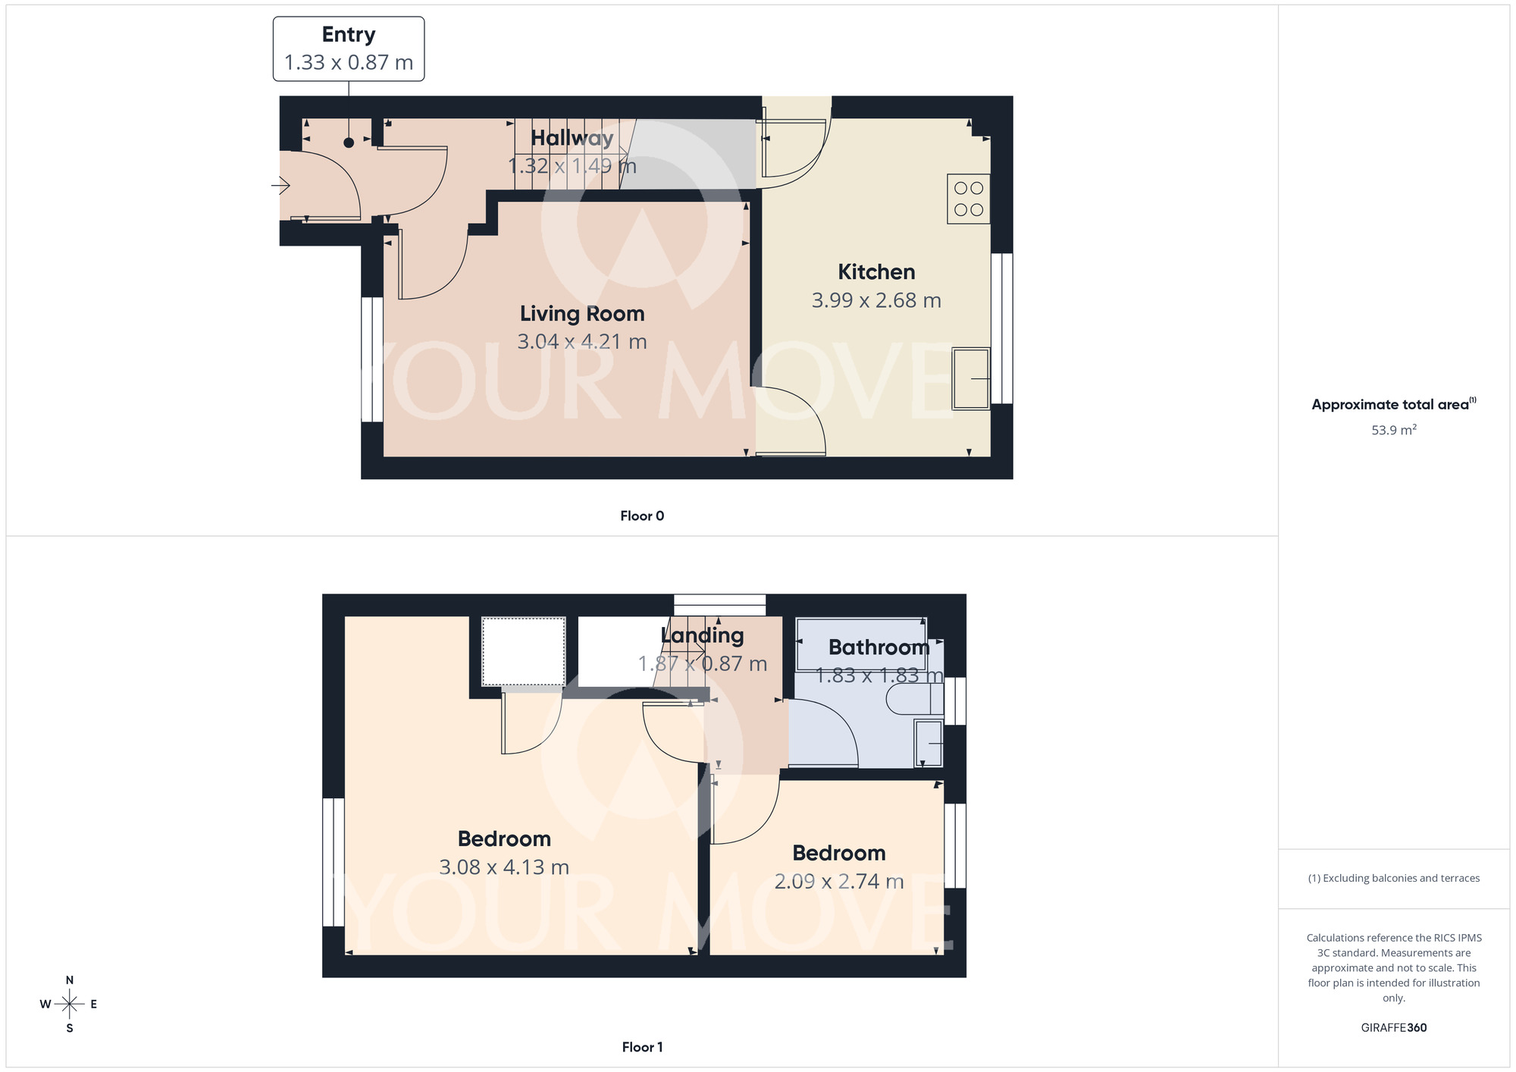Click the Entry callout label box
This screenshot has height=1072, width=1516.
click(349, 49)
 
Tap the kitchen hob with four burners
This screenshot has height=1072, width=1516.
click(968, 199)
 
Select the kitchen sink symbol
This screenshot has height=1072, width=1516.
click(971, 378)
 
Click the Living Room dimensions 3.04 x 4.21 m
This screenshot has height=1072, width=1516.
click(582, 342)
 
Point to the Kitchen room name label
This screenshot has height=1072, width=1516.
click(876, 271)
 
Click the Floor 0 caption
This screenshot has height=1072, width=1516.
click(642, 516)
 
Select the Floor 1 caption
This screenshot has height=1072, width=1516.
click(642, 1047)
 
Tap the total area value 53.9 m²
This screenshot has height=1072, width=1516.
click(1393, 430)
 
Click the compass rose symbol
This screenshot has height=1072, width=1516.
click(70, 1005)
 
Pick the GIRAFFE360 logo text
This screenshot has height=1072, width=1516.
click(1393, 1028)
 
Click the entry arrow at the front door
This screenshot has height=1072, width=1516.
click(281, 185)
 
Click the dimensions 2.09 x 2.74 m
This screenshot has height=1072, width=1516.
click(838, 882)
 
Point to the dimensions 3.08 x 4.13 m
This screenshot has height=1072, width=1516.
click(504, 867)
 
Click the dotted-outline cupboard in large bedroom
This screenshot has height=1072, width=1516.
click(524, 651)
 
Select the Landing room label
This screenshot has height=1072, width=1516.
click(702, 635)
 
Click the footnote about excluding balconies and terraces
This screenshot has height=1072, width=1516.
click(1393, 878)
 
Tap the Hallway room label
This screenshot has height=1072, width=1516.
click(572, 138)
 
